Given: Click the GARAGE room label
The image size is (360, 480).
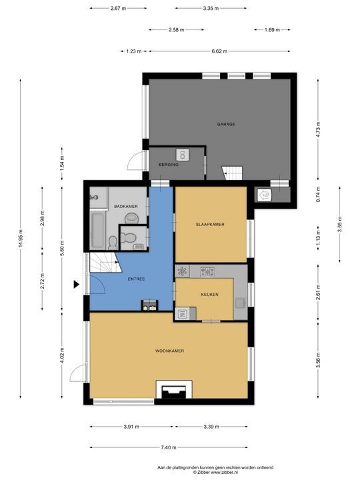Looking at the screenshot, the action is click(x=226, y=124).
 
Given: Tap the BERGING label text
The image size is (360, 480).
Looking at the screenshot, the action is click(x=169, y=165).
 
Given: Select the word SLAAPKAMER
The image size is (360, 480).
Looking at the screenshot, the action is click(x=210, y=225).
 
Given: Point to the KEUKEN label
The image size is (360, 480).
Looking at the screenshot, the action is click(x=210, y=295).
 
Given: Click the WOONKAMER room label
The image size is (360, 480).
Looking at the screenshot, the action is click(x=169, y=351).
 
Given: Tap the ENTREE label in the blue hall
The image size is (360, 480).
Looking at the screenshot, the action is click(x=136, y=279).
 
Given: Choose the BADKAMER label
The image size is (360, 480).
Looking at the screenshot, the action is click(x=126, y=206).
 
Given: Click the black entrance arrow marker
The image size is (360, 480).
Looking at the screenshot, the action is click(x=76, y=285).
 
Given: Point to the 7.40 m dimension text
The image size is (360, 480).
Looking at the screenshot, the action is click(x=169, y=447).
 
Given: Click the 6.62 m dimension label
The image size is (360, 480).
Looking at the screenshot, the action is click(x=219, y=51).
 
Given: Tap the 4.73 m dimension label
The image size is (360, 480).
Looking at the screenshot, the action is click(x=319, y=130).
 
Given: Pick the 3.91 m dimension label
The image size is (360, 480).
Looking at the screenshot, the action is click(x=131, y=427).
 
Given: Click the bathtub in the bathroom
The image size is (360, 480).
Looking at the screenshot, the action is click(x=98, y=230).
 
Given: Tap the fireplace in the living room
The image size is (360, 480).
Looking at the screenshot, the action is click(x=174, y=389).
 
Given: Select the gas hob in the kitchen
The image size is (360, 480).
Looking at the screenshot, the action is click(x=207, y=271).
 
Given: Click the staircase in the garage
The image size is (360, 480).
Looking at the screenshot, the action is click(x=233, y=173).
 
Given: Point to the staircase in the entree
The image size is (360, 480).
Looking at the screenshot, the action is click(x=105, y=263).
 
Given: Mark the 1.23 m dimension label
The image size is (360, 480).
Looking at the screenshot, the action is click(x=134, y=51).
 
